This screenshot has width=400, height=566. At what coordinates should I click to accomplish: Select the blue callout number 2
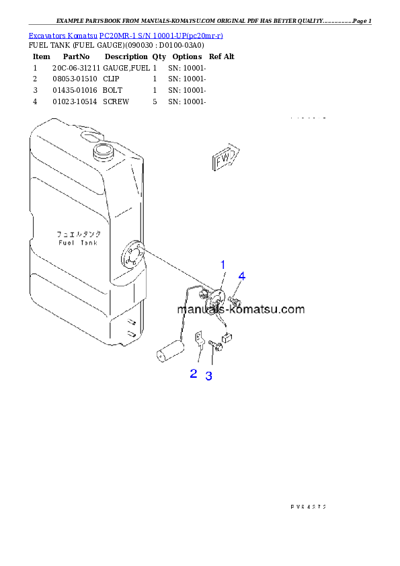(x=194, y=374)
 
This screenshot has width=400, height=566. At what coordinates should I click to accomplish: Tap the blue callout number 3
(x=209, y=376)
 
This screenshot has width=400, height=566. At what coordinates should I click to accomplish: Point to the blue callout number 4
(x=241, y=276)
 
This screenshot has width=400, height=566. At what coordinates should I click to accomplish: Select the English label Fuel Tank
(x=78, y=243)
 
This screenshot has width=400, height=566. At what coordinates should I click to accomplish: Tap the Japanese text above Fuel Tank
(x=78, y=234)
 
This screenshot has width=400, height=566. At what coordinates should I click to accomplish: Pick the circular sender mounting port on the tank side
(x=132, y=255)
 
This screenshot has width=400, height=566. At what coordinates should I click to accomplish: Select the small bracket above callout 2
(x=199, y=339)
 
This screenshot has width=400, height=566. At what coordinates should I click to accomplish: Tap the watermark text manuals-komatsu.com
(x=241, y=310)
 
